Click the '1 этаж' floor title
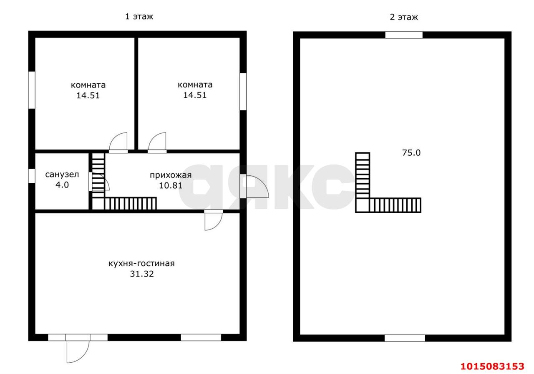(139, 17)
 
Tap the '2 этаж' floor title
(404, 17)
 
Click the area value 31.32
(142, 274)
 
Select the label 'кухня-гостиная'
(141, 264)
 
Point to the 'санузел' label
(62, 175)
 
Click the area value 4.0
(62, 185)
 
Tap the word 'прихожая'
(171, 175)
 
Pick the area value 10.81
(171, 185)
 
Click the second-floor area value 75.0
(411, 153)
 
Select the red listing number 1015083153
(493, 366)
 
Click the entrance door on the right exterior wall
(254, 187)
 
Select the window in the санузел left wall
(32, 176)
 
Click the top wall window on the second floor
(404, 35)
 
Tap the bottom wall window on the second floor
(405, 338)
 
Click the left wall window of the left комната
(32, 90)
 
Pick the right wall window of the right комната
(243, 92)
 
